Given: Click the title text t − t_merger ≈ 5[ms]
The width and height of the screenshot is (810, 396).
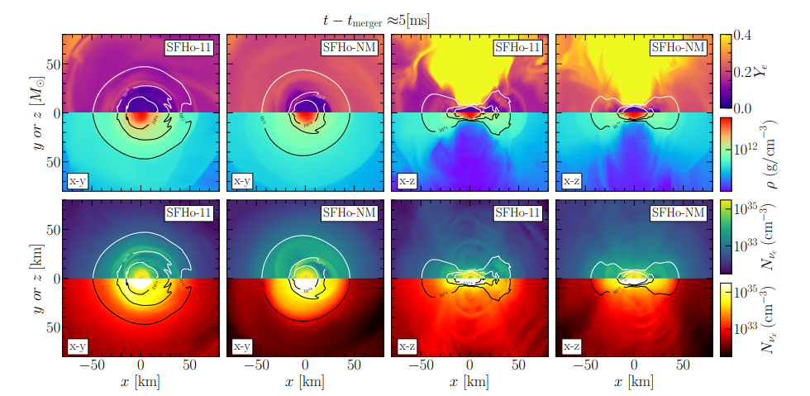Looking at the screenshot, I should click(376, 19).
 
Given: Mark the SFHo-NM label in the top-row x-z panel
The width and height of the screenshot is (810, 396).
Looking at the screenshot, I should click(679, 48).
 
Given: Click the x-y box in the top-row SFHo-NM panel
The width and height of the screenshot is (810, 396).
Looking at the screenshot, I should click(242, 181).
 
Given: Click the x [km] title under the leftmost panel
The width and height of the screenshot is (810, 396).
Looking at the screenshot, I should click(141, 383).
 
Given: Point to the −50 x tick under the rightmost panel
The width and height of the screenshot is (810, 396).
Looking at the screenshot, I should click(585, 365).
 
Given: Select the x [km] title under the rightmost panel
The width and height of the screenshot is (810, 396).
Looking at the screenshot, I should click(634, 383).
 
